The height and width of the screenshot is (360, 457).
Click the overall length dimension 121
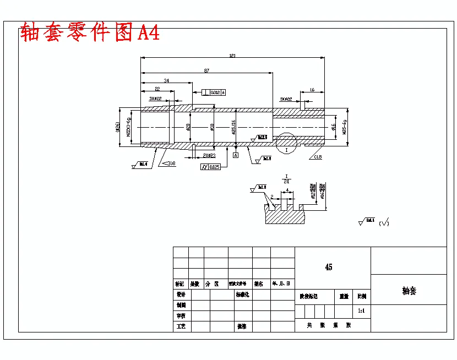pos(232,55)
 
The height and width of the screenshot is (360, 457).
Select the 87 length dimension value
pos(206,70)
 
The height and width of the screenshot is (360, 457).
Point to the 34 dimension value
pos(166,81)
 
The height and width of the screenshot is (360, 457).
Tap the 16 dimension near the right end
pos(312,89)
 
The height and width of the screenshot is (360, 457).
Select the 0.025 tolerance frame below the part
pos(211,167)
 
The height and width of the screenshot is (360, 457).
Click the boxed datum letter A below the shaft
pos(236,156)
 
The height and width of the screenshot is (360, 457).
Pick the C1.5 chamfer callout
pos(318,157)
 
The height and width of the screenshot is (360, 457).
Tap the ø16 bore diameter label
pos(333,127)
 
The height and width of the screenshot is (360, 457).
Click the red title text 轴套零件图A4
pos(90,33)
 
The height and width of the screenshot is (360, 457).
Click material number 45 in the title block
pos(329,267)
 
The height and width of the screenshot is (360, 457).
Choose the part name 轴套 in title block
pos(409,290)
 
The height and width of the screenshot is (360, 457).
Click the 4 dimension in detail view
pos(288,191)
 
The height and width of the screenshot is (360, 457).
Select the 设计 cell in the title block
pos(180,294)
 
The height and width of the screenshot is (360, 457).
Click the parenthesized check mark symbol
pos(384,222)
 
